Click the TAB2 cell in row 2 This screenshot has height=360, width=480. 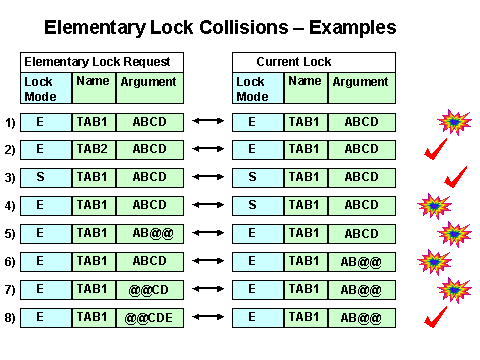[94, 150]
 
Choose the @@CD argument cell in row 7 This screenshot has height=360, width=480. [150, 290]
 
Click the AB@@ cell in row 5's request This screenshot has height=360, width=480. [150, 234]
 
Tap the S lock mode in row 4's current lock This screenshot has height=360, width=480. [251, 206]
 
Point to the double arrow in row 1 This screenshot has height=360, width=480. [208, 122]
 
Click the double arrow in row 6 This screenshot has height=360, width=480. [208, 262]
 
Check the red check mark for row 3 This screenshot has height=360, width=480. [456, 177]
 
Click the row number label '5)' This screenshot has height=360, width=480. [10, 234]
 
